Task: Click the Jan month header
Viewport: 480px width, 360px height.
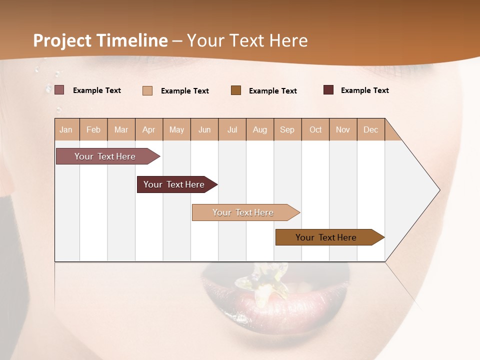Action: pos(66,129)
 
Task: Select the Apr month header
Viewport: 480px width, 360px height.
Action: pos(149,129)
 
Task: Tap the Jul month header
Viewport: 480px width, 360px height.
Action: pos(232,129)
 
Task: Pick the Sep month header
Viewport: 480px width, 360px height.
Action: pos(287,129)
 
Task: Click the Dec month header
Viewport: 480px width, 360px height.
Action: pos(370,129)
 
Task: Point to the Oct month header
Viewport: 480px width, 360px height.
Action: pos(315,129)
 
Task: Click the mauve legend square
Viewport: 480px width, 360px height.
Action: pos(59,90)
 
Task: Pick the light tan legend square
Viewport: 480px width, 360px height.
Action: pos(147,90)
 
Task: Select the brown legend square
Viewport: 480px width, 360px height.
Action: pos(236,90)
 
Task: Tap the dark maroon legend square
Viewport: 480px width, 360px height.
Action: pos(328,90)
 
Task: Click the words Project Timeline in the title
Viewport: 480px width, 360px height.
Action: pos(100,40)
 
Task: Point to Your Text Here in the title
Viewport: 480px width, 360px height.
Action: pos(247,40)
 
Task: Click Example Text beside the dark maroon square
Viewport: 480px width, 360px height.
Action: pos(364,90)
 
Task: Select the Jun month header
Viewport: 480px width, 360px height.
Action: pos(204,129)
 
